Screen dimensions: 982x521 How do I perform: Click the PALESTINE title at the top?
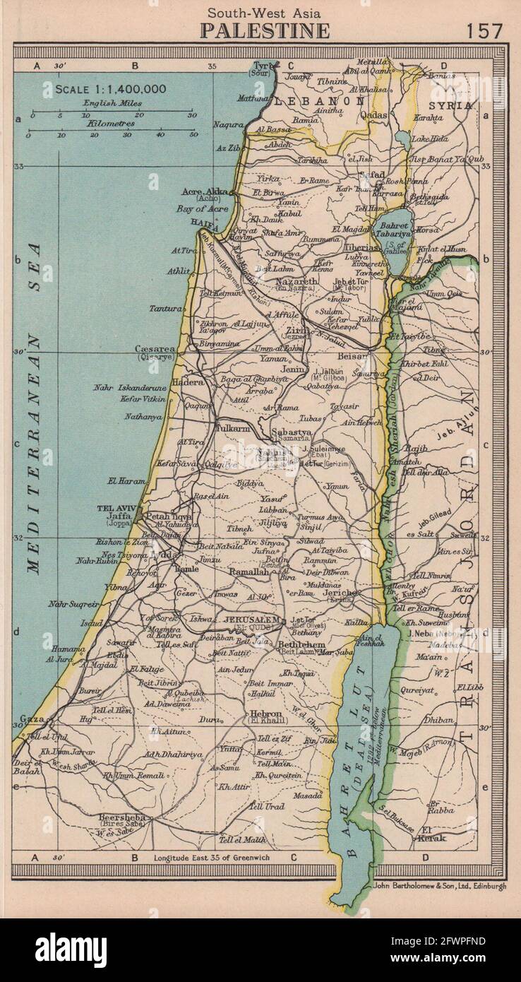[265, 30]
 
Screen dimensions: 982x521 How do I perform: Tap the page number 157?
[484, 30]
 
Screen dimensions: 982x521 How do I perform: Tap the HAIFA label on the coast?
[201, 222]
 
